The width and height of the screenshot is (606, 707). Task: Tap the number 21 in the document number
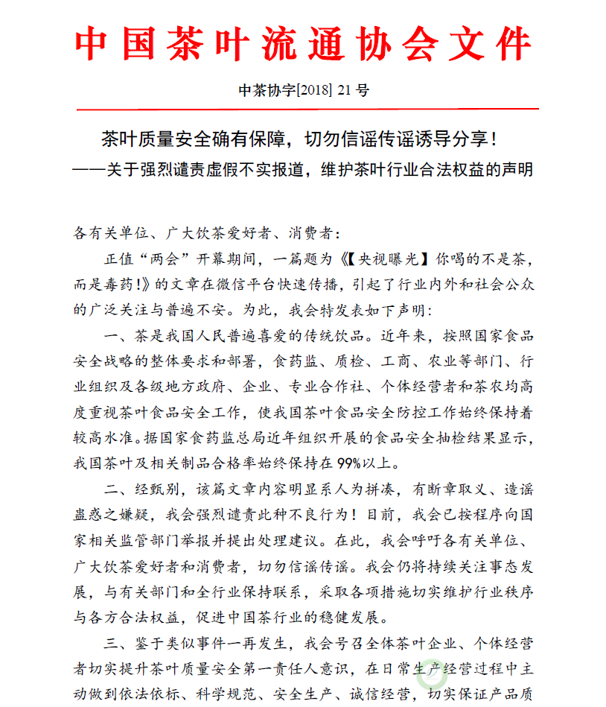coord(344,91)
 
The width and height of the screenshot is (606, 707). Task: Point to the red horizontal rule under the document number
coord(303,110)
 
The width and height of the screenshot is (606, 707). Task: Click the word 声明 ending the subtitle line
coord(517,169)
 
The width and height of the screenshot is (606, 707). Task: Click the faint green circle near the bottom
coord(431,676)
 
